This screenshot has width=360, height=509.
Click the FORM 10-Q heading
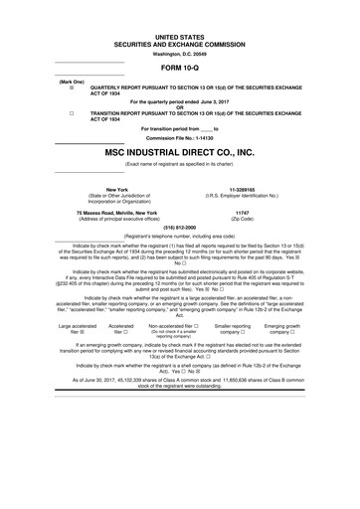(x=179, y=67)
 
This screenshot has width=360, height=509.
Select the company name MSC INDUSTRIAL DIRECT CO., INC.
(x=179, y=153)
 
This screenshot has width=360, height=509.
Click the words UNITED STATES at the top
(x=179, y=36)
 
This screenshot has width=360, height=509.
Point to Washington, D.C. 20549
(x=179, y=52)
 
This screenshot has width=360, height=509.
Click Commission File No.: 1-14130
(x=179, y=136)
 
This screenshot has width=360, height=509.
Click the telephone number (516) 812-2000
(x=179, y=227)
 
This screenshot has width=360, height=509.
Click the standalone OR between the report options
(x=179, y=106)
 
